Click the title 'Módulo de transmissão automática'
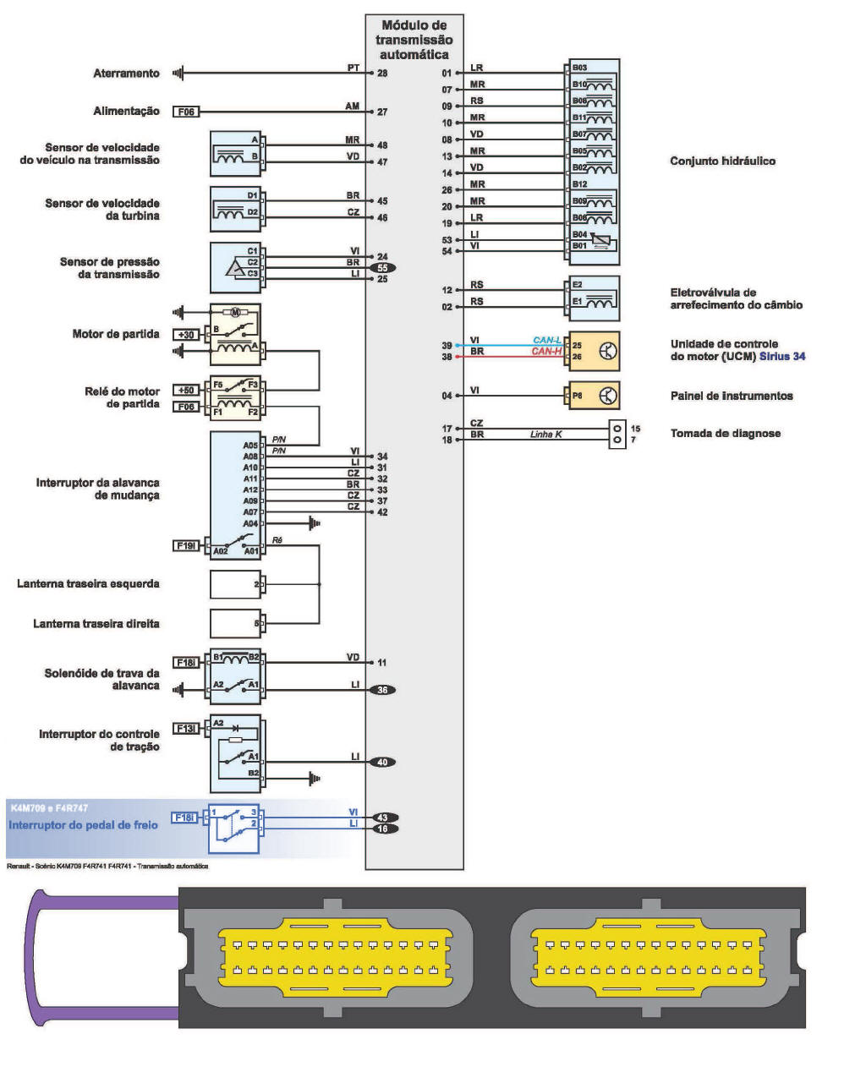[414, 40]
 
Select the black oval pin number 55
[382, 268]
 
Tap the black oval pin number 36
[382, 690]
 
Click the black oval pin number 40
[382, 762]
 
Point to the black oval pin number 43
[382, 818]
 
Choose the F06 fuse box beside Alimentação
[186, 112]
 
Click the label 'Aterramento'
[126, 74]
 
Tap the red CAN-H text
[547, 352]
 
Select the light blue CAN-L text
[547, 341]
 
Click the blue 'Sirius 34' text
[782, 357]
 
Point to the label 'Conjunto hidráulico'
[722, 161]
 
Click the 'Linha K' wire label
[545, 435]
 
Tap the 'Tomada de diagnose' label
[726, 434]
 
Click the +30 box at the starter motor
[185, 335]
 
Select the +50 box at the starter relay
[185, 391]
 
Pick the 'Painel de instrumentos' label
[732, 396]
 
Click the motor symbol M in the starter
[235, 312]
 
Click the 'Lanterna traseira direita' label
[96, 624]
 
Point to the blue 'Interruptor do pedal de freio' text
[83, 825]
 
